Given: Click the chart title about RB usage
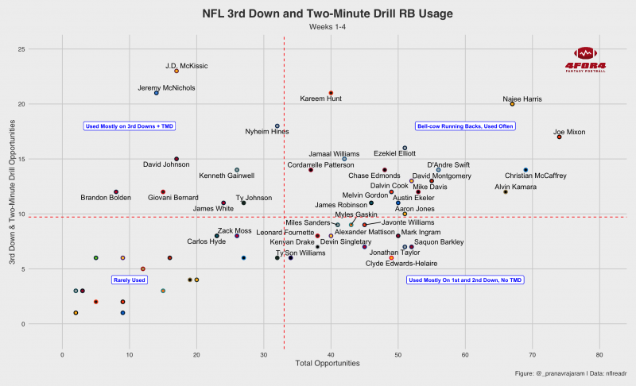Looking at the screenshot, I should pos(318,13).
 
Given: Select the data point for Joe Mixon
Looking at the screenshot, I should pos(560,137).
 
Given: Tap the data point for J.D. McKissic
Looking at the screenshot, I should pos(176,71).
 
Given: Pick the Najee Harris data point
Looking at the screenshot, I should pos(512,104).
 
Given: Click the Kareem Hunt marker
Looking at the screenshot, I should pos(331,93).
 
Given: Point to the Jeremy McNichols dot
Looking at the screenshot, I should pos(156,93).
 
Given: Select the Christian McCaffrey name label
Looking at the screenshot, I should pos(535,176).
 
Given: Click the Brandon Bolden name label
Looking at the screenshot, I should pos(107,197).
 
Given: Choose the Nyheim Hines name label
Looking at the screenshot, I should pos(267,131).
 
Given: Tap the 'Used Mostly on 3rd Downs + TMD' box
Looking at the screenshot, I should pos(130,125).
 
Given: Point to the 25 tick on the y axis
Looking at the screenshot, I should pos(45,49).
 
